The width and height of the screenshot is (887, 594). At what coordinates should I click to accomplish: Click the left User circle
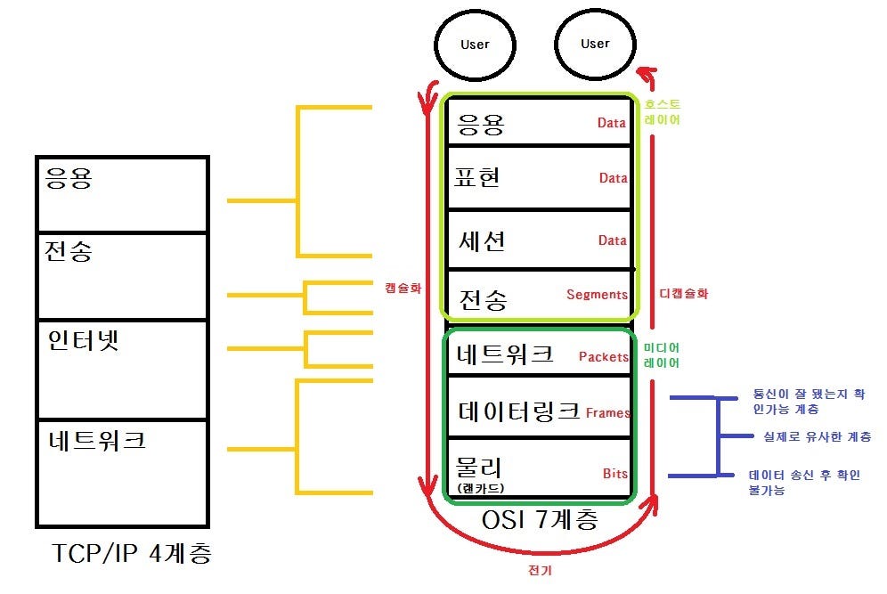(475, 43)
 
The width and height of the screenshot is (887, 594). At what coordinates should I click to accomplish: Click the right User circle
(595, 43)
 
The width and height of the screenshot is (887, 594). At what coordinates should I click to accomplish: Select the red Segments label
(597, 294)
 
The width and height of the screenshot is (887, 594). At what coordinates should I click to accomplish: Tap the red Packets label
(603, 356)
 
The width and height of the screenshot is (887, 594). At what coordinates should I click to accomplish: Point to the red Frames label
(608, 412)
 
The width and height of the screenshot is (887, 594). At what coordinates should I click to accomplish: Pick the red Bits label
(614, 473)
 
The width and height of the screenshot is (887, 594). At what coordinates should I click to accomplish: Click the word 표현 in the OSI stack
(478, 177)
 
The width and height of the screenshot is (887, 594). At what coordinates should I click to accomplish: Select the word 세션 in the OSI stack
(482, 240)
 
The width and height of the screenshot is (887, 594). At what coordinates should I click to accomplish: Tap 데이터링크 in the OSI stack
(518, 411)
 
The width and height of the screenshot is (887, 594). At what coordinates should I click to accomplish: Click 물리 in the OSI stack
(479, 466)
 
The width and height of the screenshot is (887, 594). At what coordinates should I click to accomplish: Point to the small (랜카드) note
(481, 488)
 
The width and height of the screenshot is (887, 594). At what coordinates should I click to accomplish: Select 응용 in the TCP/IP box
(68, 179)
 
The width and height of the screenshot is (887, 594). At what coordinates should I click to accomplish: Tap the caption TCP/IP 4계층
(132, 555)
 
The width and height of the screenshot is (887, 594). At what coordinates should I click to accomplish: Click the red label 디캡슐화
(684, 293)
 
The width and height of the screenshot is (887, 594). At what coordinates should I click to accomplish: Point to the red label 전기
(540, 571)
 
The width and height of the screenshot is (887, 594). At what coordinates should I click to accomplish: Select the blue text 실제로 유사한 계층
(817, 436)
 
